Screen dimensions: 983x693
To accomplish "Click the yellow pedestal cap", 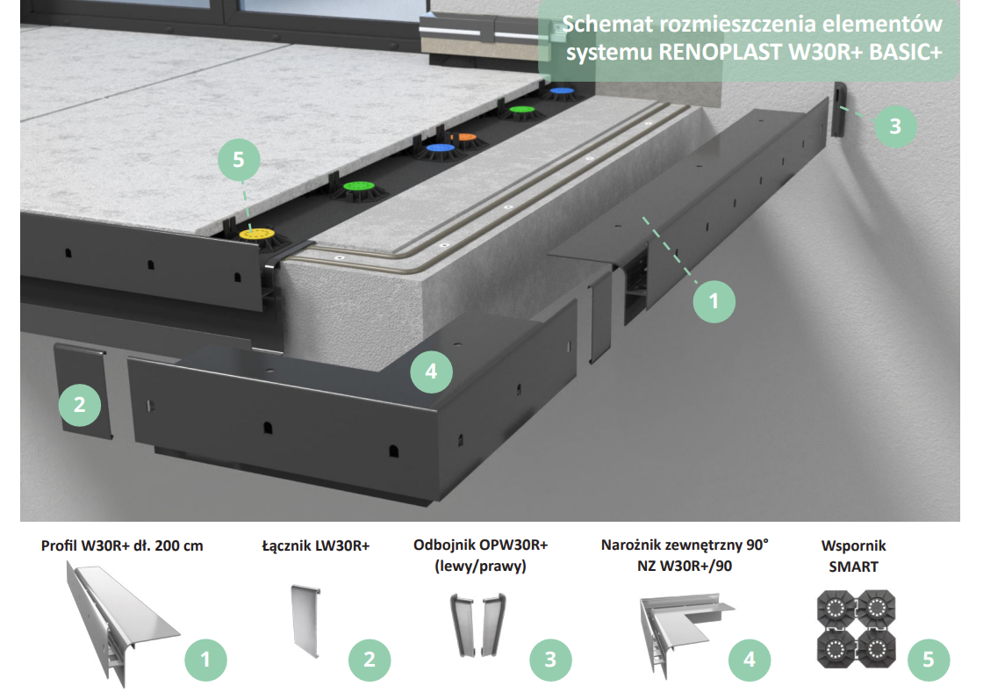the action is click(x=257, y=235).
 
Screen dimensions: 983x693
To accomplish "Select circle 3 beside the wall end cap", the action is click(x=895, y=126).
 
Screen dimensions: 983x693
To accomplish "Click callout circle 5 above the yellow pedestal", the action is click(x=239, y=160).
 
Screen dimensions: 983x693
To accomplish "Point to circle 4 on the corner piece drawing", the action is click(x=431, y=372).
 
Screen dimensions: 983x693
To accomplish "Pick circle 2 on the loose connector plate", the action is click(x=80, y=405).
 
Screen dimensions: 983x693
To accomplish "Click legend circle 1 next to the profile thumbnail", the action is click(x=205, y=660).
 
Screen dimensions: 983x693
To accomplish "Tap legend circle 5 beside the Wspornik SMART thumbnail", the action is click(x=929, y=660).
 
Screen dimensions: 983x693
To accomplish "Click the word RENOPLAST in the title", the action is click(x=720, y=52).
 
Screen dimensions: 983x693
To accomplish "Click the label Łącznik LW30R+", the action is click(x=316, y=546).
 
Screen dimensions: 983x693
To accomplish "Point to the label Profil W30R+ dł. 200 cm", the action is click(x=122, y=545).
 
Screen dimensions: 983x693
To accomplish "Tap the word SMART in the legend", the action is click(x=853, y=567).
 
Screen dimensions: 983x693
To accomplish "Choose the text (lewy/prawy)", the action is click(x=480, y=567).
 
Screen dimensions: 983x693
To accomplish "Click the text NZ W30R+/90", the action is click(x=685, y=567).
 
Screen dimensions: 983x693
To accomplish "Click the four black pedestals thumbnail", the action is click(x=856, y=629).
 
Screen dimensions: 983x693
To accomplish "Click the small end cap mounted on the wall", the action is click(x=838, y=109).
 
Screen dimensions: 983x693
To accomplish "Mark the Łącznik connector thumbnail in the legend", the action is click(x=306, y=619).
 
